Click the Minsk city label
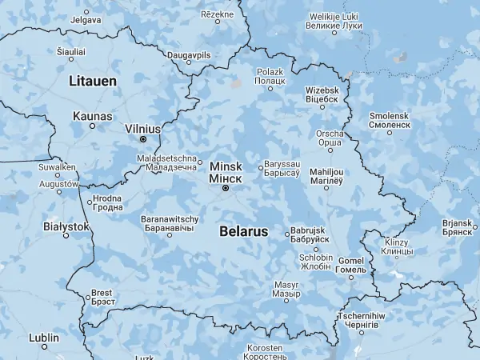[x=225, y=171]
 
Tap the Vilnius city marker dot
[x=143, y=139]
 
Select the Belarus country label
[x=242, y=231]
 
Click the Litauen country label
[x=93, y=81]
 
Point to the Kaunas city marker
[x=93, y=126]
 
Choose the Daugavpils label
[x=189, y=54]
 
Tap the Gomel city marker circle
[x=351, y=277]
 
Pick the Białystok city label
[x=65, y=226]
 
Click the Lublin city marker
[x=45, y=347]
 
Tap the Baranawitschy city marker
[x=170, y=235]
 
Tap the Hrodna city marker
[x=90, y=202]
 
